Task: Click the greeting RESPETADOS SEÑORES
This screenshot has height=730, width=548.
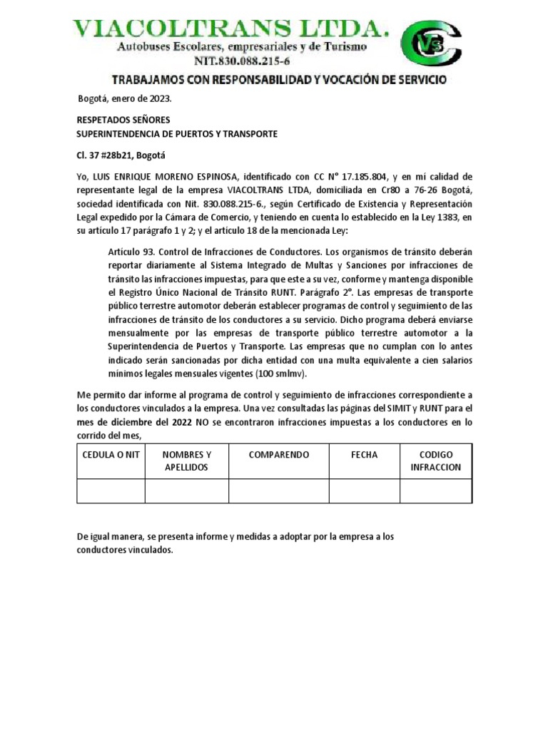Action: click(x=123, y=120)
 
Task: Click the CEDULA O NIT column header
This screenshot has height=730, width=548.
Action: click(x=111, y=455)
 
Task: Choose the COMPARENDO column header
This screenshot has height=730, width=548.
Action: click(x=278, y=455)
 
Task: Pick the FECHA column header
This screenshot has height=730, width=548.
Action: click(x=364, y=455)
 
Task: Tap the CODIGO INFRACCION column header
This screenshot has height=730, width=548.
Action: click(x=435, y=461)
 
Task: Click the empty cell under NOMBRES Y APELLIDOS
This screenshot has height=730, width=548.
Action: click(x=186, y=491)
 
